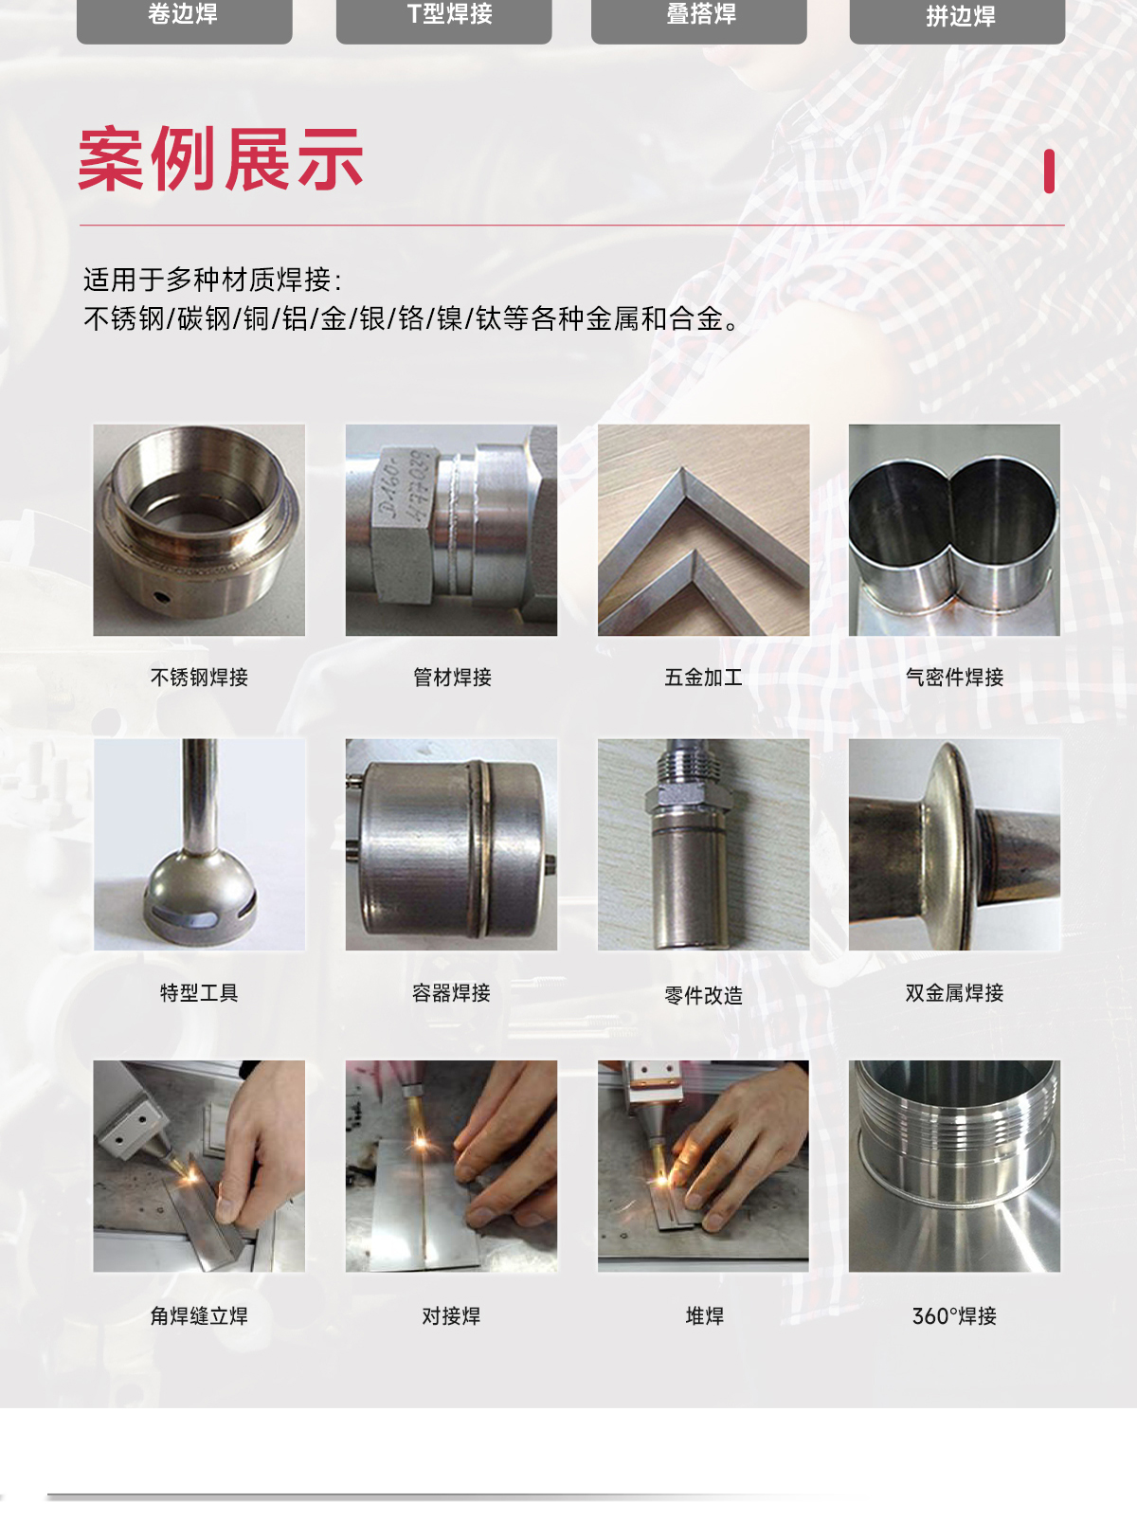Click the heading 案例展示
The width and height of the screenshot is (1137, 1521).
pyautogui.click(x=221, y=160)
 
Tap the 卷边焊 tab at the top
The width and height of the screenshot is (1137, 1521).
pyautogui.click(x=184, y=15)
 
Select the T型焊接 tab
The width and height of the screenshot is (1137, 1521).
pyautogui.click(x=443, y=15)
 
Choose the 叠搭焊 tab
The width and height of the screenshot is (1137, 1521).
pyautogui.click(x=699, y=15)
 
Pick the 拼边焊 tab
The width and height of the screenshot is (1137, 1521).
pyautogui.click(x=957, y=17)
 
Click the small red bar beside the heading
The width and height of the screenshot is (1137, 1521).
pyautogui.click(x=1049, y=172)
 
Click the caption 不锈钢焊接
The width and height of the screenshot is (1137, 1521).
pyautogui.click(x=199, y=678)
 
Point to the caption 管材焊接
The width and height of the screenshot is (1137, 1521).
pyautogui.click(x=452, y=678)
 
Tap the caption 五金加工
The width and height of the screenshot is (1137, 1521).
pyautogui.click(x=703, y=678)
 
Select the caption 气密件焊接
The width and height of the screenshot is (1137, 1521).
pyautogui.click(x=954, y=678)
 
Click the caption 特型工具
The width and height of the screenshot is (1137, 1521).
pyautogui.click(x=199, y=993)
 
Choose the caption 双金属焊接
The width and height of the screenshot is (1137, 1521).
pyautogui.click(x=954, y=993)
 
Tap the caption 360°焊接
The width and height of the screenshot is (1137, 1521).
pyautogui.click(x=954, y=1316)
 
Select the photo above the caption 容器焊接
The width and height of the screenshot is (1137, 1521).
pyautogui.click(x=451, y=844)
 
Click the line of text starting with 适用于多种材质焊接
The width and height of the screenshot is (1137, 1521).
pyautogui.click(x=212, y=280)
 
